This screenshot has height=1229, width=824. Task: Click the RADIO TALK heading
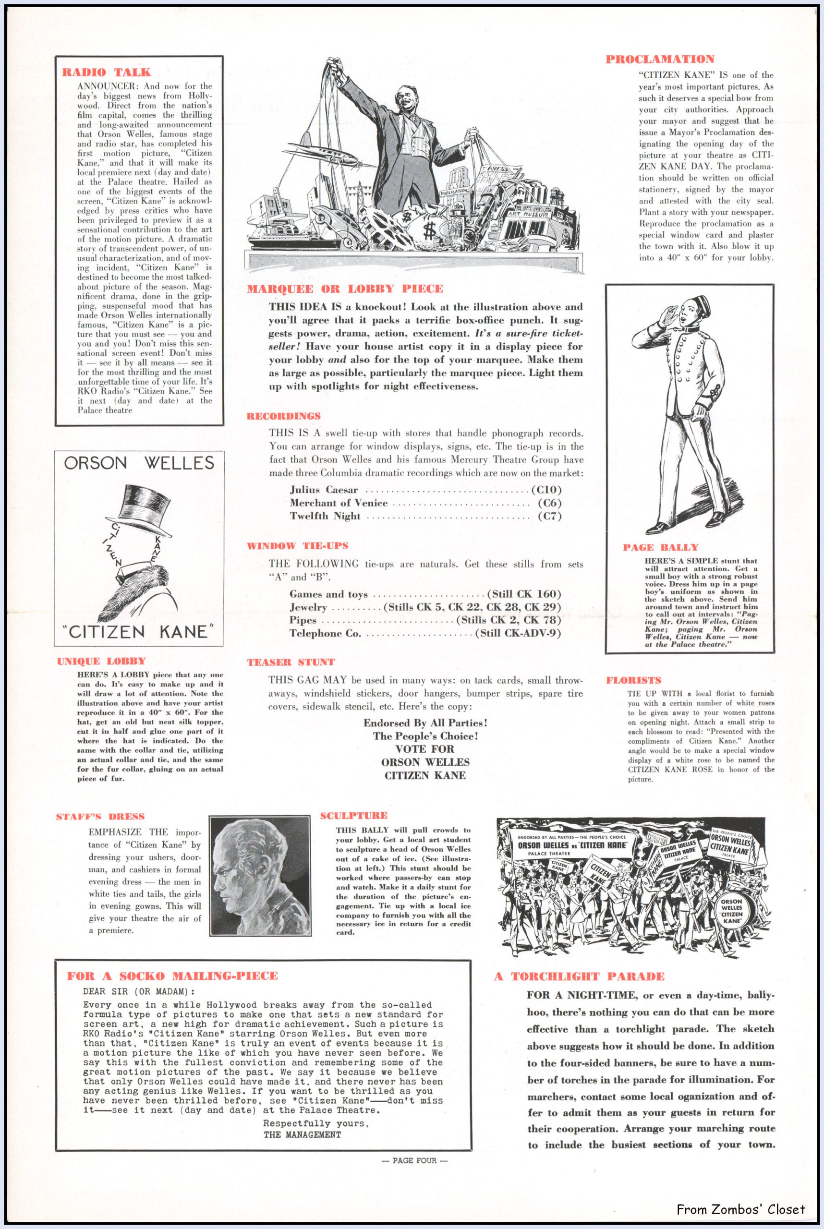click(x=106, y=72)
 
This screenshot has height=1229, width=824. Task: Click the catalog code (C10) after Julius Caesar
click(x=546, y=490)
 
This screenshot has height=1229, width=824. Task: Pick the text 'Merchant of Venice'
click(x=339, y=503)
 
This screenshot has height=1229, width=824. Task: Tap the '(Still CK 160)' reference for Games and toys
click(x=524, y=594)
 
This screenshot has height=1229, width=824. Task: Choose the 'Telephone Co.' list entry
click(x=325, y=633)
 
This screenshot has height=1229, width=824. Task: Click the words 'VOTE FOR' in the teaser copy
click(x=424, y=749)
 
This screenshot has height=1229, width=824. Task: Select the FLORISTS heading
click(x=633, y=680)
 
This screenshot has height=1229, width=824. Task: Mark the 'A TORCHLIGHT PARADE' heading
click(x=579, y=976)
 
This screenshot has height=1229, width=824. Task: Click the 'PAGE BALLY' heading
click(x=661, y=547)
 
